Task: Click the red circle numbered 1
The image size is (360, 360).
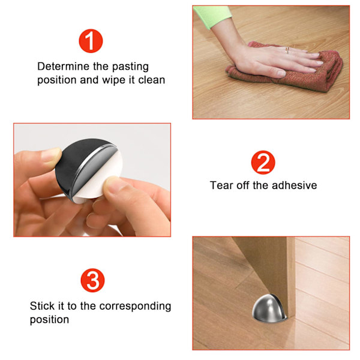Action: (91, 41)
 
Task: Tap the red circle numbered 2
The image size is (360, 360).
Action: (263, 163)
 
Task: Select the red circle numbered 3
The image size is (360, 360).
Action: (92, 280)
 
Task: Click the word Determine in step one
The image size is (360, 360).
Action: (64, 67)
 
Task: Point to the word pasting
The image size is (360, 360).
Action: (130, 67)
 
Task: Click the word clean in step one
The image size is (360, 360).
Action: (152, 80)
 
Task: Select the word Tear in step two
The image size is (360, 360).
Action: (221, 185)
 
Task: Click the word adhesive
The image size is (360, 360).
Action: (295, 185)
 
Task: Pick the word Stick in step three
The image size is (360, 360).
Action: (42, 306)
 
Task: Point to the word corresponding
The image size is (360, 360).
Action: (135, 307)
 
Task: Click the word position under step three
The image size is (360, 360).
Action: (49, 320)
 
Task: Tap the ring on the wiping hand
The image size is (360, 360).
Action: (287, 50)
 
